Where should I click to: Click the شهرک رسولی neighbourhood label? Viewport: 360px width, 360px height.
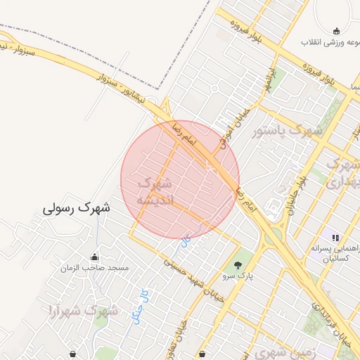pyautogui.click(x=77, y=208)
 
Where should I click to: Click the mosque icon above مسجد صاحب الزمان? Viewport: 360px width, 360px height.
pyautogui.click(x=94, y=257)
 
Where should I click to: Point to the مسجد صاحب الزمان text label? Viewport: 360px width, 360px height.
pyautogui.click(x=94, y=268)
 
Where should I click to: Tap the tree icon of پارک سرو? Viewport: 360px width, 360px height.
pyautogui.click(x=238, y=265)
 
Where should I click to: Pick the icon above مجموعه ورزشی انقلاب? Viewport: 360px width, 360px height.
pyautogui.click(x=336, y=30)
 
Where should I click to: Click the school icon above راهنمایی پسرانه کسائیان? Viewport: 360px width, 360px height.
pyautogui.click(x=335, y=238)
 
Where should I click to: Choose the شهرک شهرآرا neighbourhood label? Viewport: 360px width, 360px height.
pyautogui.click(x=82, y=309)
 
